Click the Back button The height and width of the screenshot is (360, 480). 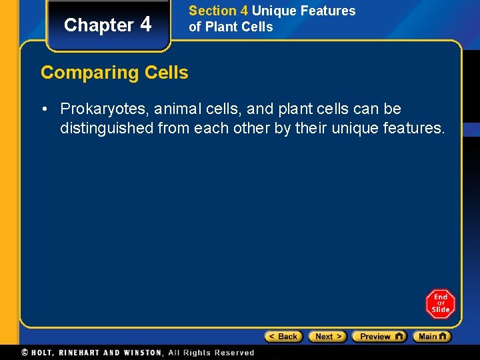(283, 337)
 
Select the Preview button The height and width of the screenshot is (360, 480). (379, 337)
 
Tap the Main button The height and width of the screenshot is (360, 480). (431, 337)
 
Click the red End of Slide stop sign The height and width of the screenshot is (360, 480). (440, 303)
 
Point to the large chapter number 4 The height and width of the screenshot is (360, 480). (146, 24)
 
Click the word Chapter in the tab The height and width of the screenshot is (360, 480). (99, 25)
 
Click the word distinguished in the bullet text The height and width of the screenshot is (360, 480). (107, 128)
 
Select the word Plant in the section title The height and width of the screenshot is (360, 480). (221, 27)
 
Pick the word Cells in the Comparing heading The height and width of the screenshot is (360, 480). (167, 72)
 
